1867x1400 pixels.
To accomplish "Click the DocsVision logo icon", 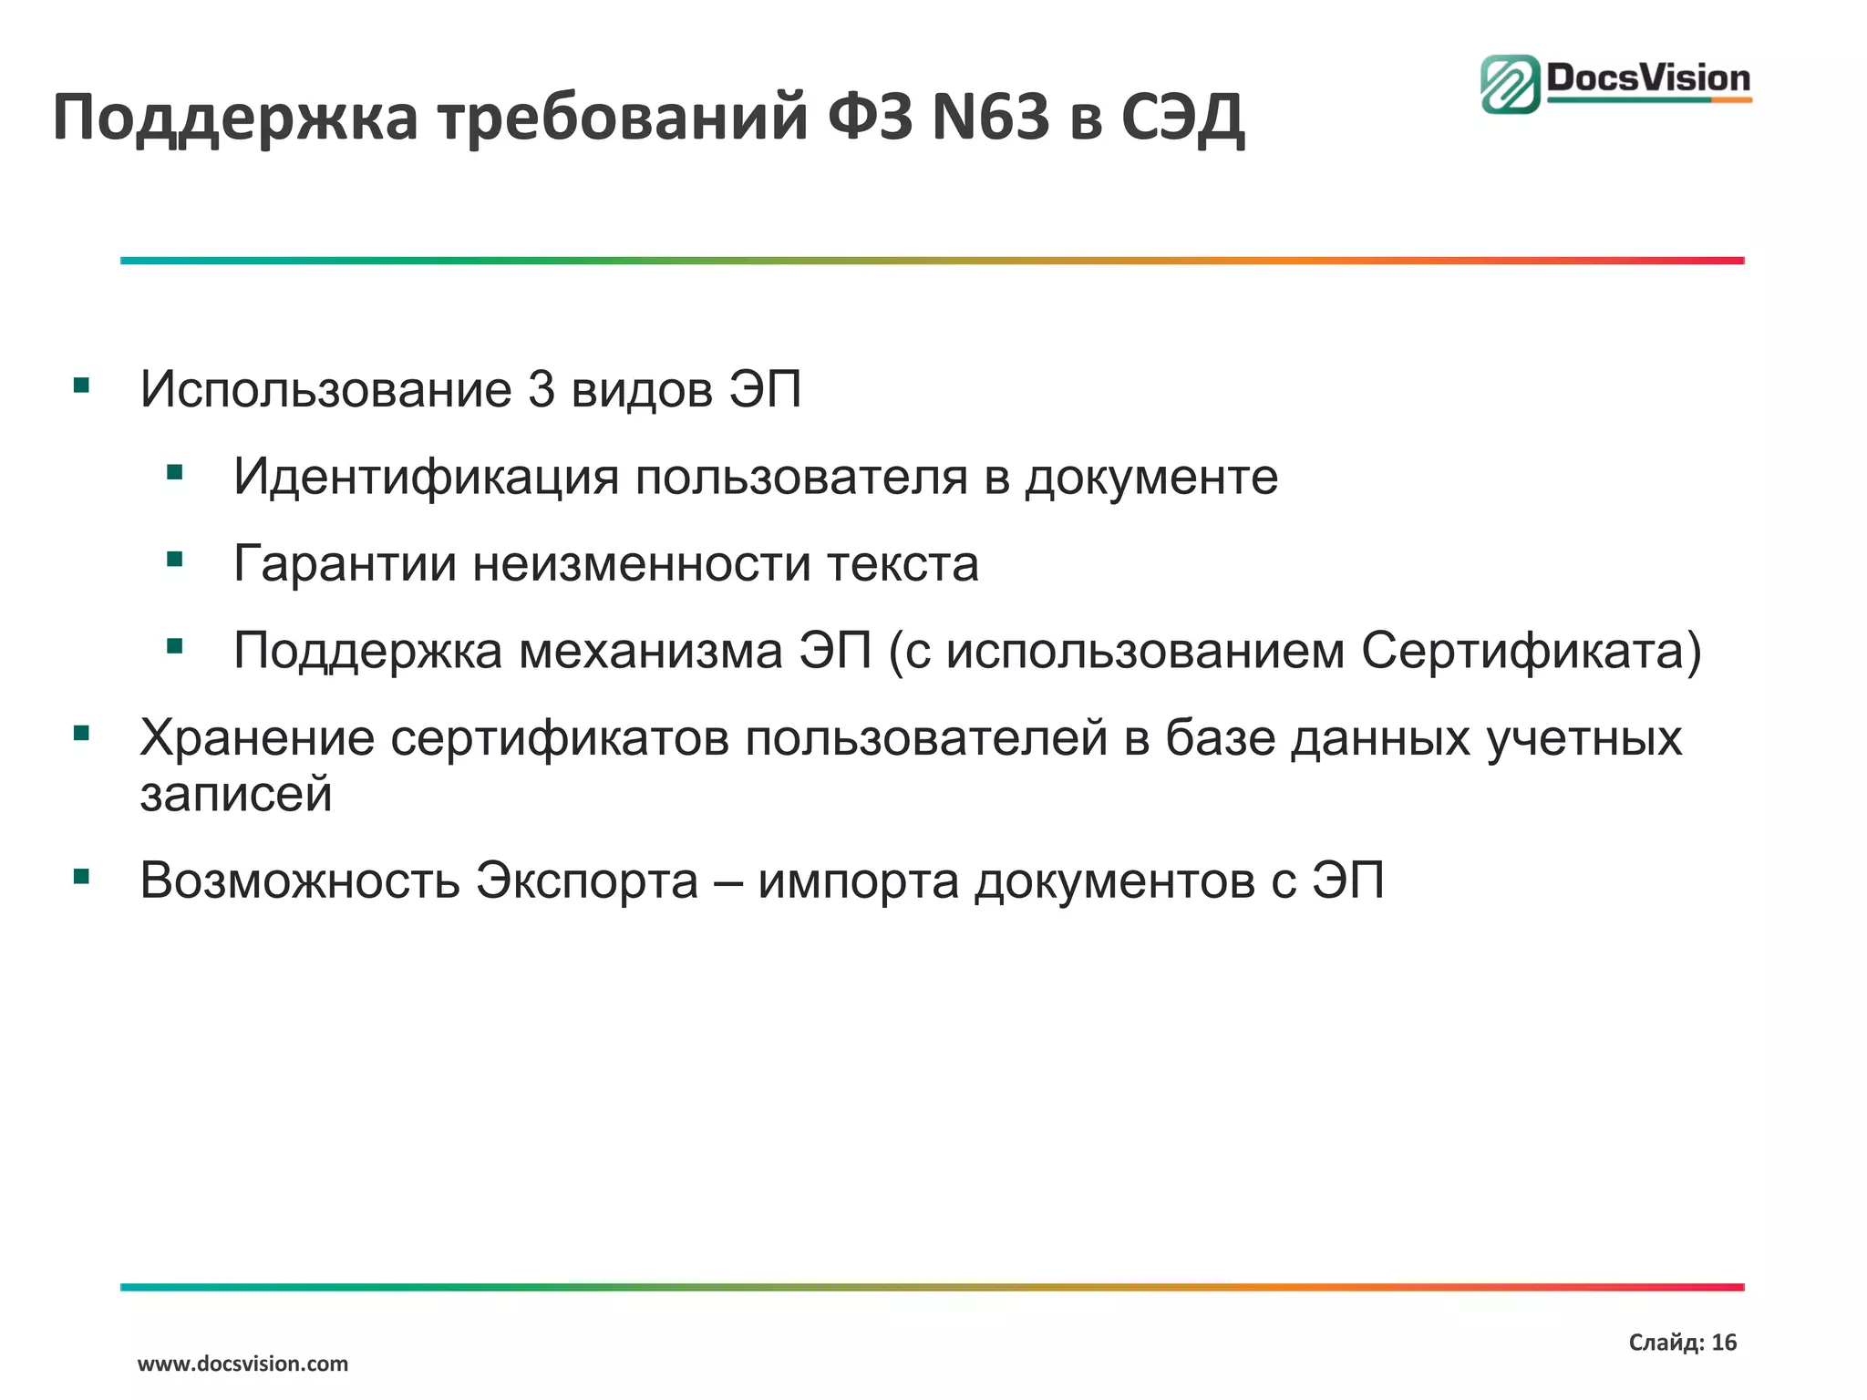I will click(x=1511, y=84).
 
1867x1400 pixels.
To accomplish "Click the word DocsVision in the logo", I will click(x=1648, y=78).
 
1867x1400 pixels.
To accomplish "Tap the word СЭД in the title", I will click(x=1181, y=118).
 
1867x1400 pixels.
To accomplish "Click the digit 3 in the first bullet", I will click(x=542, y=389).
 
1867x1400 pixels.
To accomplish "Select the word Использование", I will click(x=326, y=389).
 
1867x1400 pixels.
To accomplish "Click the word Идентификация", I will click(x=426, y=477).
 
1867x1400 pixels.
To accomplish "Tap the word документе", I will click(x=1151, y=477).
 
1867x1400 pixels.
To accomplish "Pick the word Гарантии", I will click(x=345, y=563).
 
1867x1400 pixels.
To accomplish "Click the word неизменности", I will click(x=642, y=563).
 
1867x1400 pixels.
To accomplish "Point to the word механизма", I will click(x=651, y=651).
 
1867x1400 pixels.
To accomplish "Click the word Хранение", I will click(x=256, y=737).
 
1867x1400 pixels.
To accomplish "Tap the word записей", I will click(x=236, y=794).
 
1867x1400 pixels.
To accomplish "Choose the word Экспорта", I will click(x=587, y=880).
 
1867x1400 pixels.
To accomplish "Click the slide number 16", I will click(x=1724, y=1342).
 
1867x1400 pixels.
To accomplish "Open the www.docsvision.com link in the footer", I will click(x=242, y=1364).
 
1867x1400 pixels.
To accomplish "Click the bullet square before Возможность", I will click(x=82, y=877).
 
